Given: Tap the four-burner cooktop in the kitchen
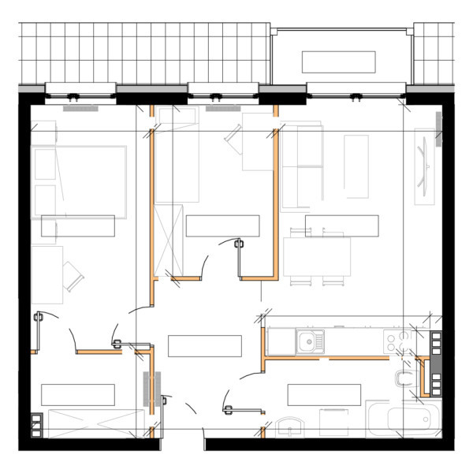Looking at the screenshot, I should pos(398,341).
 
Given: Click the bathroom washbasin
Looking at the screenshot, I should pos(291,428).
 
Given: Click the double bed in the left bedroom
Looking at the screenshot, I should pos(78,181).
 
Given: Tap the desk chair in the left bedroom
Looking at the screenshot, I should pos(73,275).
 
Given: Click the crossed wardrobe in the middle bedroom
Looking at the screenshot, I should pos(169,237).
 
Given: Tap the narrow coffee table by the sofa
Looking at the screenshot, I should pos(356,166).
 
